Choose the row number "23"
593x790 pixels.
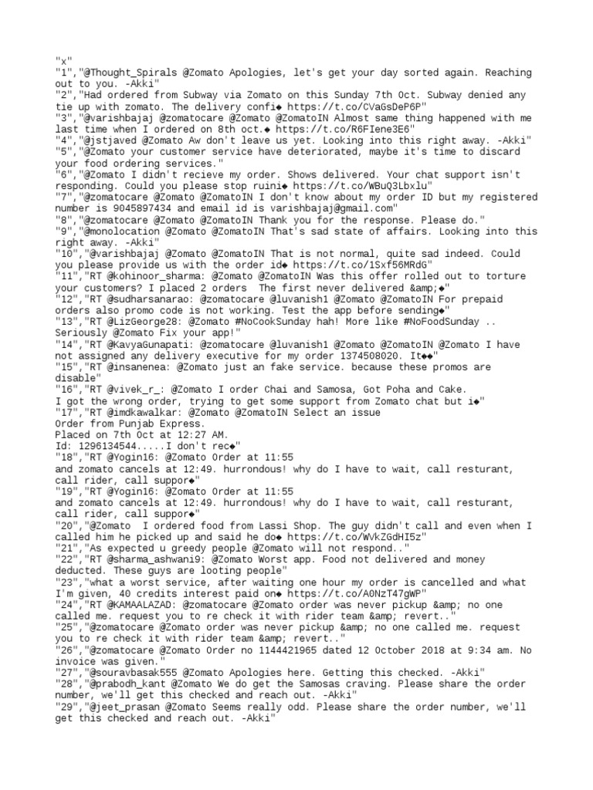[x=66, y=582]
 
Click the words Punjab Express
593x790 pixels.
[x=154, y=424]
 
